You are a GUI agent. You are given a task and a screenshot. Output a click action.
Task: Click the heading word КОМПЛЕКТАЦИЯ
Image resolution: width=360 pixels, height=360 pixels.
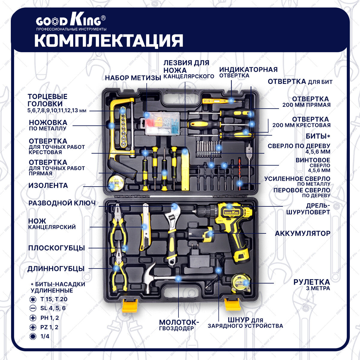pyautogui.click(x=109, y=41)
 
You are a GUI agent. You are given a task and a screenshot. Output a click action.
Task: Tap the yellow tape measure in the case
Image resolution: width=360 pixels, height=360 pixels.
pyautogui.click(x=241, y=283)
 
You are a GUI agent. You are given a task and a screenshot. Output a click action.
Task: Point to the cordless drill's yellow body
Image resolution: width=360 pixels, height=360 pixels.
pyautogui.click(x=234, y=222)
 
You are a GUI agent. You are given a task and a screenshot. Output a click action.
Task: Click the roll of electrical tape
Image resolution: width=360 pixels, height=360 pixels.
pyautogui.click(x=115, y=183)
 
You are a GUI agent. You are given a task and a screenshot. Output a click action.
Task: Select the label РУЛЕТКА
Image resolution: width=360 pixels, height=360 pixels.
pyautogui.click(x=311, y=282)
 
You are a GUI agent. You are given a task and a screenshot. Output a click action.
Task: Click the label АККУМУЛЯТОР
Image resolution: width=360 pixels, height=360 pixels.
pyautogui.click(x=303, y=233)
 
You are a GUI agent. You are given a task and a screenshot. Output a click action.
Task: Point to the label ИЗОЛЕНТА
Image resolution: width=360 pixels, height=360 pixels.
pyautogui.click(x=48, y=185)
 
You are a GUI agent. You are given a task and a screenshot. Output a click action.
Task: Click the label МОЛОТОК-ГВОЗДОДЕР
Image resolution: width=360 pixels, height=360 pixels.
pyautogui.click(x=179, y=325)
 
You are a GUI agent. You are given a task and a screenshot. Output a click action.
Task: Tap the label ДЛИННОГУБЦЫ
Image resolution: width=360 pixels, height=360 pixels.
pyautogui.click(x=56, y=269)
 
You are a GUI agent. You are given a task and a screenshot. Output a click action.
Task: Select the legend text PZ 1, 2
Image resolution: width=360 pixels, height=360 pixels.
pyautogui.click(x=49, y=327)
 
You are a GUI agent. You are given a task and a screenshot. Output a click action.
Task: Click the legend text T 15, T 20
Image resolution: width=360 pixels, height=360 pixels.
pyautogui.click(x=54, y=299)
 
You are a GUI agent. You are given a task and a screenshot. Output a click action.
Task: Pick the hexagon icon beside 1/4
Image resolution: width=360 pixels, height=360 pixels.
pyautogui.click(x=33, y=336)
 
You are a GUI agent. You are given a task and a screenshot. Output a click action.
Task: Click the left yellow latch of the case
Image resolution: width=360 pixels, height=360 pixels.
pyautogui.click(x=130, y=305)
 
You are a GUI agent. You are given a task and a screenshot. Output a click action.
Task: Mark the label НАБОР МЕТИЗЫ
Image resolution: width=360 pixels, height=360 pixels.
pyautogui.click(x=133, y=78)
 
